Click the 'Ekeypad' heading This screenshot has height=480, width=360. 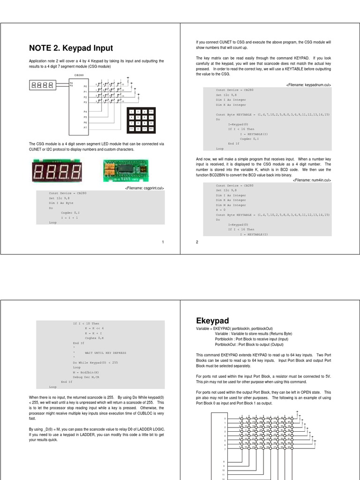pos(212,321)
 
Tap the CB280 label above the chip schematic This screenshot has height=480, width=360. pos(79,75)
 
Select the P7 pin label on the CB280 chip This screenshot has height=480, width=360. pos(85,127)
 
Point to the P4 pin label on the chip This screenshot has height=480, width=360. pos(85,112)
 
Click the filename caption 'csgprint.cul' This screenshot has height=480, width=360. pos(144,188)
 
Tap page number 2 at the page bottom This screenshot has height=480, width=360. pos(197,242)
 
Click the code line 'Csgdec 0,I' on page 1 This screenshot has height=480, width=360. pos(70,213)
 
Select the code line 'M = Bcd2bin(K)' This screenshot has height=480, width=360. pos(86,372)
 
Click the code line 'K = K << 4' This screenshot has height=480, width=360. pos(94,328)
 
